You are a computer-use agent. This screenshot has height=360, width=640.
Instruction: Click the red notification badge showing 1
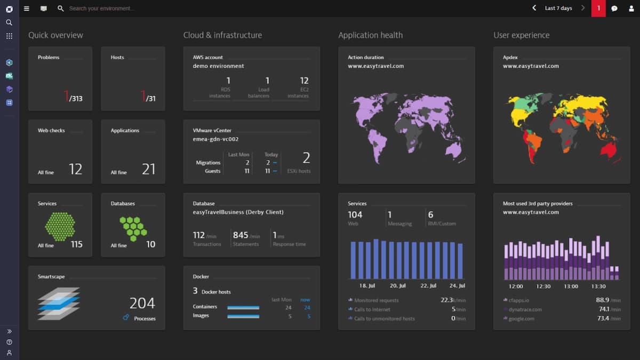tap(598, 9)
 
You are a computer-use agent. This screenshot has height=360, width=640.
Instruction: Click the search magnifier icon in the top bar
tap(61, 9)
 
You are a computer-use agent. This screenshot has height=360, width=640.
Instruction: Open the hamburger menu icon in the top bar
tap(27, 9)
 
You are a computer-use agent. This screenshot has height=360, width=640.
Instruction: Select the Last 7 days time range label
tap(558, 9)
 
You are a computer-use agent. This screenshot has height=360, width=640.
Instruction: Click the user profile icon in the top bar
tap(630, 9)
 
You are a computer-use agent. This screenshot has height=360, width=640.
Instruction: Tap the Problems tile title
tap(49, 58)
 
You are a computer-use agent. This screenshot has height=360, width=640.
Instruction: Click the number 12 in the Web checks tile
tap(75, 170)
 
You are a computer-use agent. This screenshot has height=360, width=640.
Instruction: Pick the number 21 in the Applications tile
tap(148, 170)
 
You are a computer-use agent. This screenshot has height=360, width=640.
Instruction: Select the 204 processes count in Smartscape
tap(142, 303)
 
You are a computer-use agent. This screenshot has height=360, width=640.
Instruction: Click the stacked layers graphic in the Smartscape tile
tap(58, 303)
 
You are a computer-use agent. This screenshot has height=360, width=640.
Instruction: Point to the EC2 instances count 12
tap(304, 81)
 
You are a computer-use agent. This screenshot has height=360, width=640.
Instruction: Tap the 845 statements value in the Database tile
tap(241, 235)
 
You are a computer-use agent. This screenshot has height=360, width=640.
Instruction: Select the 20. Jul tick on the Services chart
tap(398, 286)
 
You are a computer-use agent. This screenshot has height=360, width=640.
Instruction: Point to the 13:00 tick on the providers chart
tap(571, 286)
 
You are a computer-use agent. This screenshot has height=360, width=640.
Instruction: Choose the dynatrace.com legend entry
tap(525, 309)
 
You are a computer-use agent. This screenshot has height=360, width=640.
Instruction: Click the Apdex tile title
tap(510, 58)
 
